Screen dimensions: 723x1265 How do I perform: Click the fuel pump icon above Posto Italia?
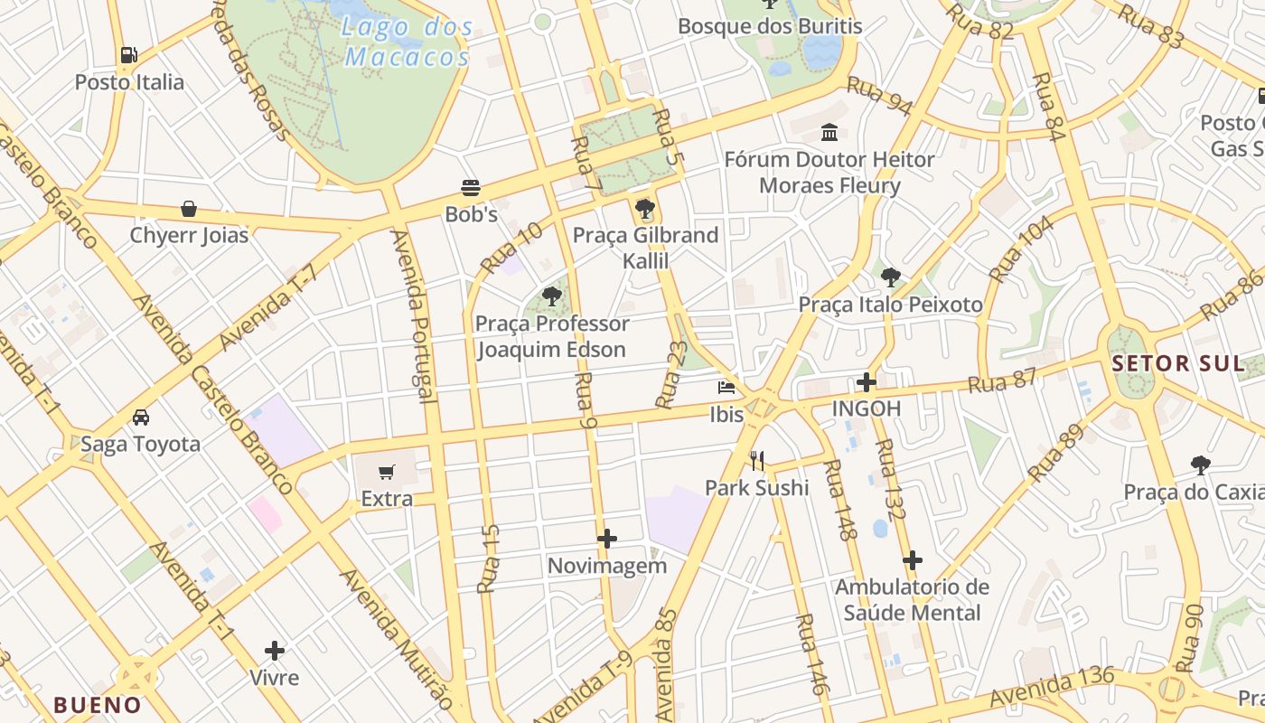click(129, 55)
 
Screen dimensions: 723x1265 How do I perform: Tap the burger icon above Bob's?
click(470, 188)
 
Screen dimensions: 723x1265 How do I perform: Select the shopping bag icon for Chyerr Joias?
click(189, 209)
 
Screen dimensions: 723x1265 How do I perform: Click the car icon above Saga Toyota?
click(141, 418)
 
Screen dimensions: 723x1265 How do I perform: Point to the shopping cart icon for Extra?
click(387, 472)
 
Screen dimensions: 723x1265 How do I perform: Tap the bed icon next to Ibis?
click(726, 388)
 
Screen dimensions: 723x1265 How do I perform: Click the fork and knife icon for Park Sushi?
click(757, 461)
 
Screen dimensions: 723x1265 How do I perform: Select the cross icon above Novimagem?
click(607, 540)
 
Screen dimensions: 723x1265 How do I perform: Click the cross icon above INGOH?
click(867, 382)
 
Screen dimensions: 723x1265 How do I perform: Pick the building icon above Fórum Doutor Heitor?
click(829, 133)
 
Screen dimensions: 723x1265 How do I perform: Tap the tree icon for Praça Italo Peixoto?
click(890, 277)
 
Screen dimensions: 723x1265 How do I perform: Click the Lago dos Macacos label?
click(408, 42)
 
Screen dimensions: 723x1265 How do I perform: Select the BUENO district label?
click(98, 705)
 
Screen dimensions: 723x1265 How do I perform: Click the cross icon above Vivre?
click(275, 651)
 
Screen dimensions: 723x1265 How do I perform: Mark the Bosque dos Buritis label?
click(770, 26)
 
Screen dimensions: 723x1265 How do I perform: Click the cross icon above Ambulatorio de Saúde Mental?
click(913, 560)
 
